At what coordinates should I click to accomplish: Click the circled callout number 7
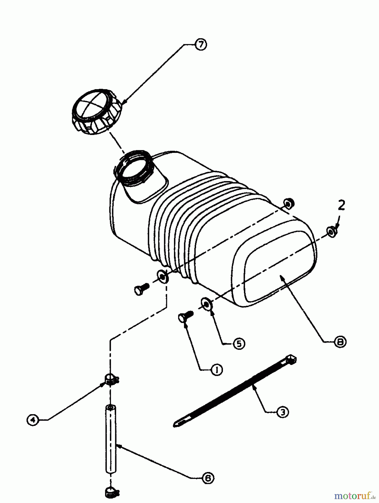point(201,45)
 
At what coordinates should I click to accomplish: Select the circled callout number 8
point(340,342)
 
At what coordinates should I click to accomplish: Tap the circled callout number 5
point(239,343)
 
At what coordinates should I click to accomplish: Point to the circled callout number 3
point(283,412)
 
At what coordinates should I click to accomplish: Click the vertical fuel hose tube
point(111,439)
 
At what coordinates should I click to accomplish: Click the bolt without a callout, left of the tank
point(142,289)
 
